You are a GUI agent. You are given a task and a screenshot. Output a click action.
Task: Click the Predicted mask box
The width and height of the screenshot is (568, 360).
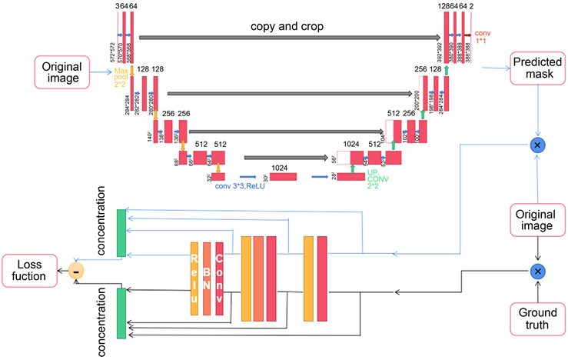[x=536, y=68]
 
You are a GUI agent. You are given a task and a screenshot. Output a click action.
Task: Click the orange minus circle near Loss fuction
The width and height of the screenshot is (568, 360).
[x=76, y=270]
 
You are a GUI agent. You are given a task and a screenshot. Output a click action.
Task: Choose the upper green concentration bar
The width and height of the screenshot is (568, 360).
[x=121, y=232]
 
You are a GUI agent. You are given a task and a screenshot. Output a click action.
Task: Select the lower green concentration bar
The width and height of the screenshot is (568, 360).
[x=121, y=313]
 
